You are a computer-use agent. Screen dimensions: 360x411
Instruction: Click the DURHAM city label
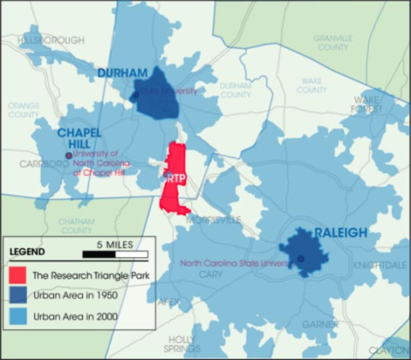click(x=122, y=73)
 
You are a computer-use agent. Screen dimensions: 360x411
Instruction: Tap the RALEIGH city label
click(x=341, y=232)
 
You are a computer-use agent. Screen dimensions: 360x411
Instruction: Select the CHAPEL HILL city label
click(x=80, y=139)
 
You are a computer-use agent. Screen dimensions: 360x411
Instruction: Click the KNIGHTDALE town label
click(x=380, y=267)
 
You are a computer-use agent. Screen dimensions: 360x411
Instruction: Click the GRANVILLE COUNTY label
click(x=332, y=43)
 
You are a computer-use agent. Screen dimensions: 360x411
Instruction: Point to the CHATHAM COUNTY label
click(x=76, y=225)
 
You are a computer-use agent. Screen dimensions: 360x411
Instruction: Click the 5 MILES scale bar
click(x=116, y=254)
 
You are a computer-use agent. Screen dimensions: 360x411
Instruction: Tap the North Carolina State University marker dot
click(x=300, y=259)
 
